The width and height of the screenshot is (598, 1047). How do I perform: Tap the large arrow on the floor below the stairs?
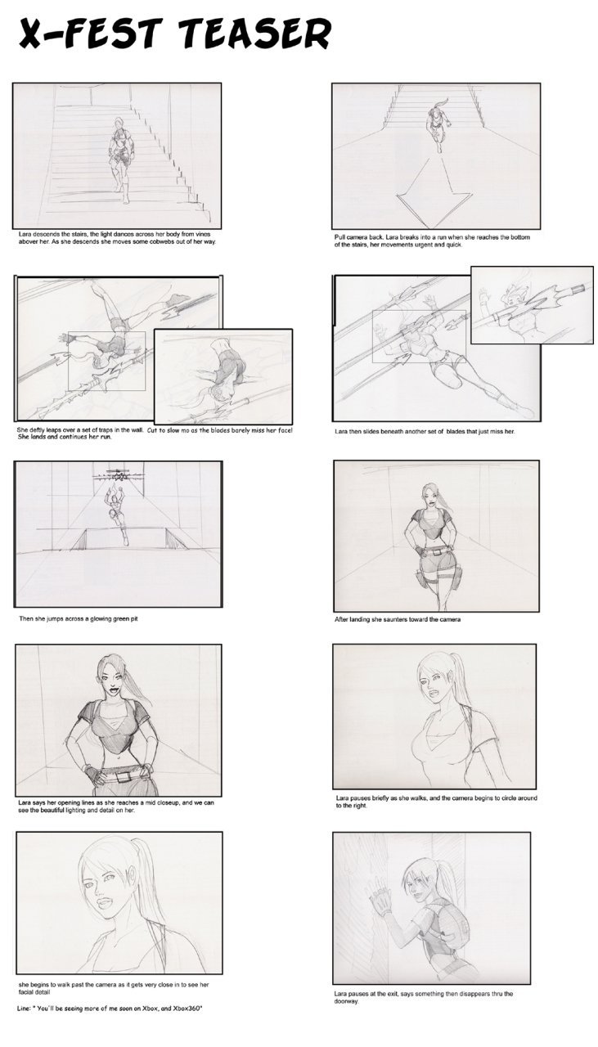coord(434,188)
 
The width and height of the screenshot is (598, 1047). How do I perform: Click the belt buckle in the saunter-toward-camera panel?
coord(437,551)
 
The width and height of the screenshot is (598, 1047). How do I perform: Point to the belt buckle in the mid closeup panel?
coord(122,777)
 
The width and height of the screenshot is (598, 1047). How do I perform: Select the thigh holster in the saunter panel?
coord(421,579)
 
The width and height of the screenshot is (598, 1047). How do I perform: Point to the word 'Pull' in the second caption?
coord(339,237)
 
